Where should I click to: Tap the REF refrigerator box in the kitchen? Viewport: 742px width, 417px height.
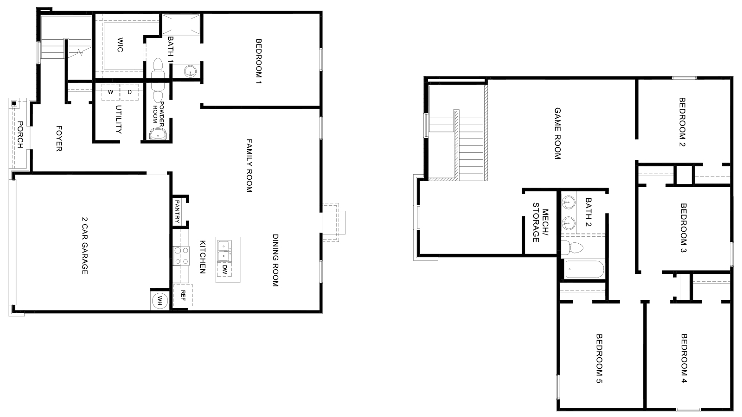coord(183,296)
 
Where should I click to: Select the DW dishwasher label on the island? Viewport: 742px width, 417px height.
coord(224,269)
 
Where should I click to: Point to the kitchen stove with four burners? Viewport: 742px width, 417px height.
coord(181,256)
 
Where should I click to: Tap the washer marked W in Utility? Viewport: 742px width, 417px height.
coord(110,92)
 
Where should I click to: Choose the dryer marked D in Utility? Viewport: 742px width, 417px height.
coord(130,92)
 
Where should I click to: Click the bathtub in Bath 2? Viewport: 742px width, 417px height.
coord(583,270)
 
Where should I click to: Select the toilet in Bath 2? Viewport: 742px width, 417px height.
coord(573,248)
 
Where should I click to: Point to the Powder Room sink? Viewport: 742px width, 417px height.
coord(157,134)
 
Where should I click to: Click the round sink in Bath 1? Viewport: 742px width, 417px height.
coord(190,71)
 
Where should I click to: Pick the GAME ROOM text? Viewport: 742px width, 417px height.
coord(557,133)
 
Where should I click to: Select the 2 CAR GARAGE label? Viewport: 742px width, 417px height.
coord(84,246)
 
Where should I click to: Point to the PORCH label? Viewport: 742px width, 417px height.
coord(20,135)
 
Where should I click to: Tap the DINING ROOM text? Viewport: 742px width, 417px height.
coord(275,260)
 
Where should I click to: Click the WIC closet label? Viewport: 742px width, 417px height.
coord(120,44)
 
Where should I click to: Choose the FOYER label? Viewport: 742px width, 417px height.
coord(59,138)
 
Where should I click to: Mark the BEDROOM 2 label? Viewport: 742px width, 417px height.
coord(682,121)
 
